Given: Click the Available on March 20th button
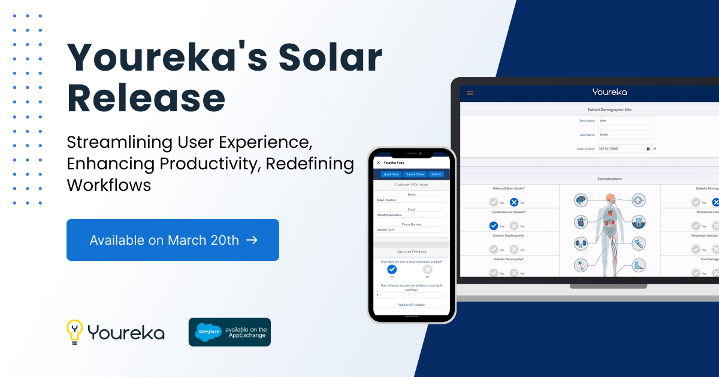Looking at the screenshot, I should point(173,240).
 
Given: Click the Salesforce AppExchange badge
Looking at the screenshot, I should point(229,332).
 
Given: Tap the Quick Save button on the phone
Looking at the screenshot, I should point(391,174).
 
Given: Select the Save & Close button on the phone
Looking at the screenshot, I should point(414,174).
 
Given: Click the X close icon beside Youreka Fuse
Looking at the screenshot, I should point(378,162).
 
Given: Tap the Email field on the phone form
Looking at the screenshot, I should point(410,214).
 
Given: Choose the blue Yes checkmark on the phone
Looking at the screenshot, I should point(392,269).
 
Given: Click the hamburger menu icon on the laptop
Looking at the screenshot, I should point(470,93).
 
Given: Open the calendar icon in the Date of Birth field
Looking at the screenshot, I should point(648,148).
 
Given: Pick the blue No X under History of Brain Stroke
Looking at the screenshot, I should point(514,202).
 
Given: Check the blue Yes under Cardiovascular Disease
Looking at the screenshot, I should point(493,226).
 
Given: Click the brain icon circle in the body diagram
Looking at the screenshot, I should point(580,200).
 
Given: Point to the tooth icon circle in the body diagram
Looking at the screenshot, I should point(639,222).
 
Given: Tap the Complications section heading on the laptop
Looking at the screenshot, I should point(609,179).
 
